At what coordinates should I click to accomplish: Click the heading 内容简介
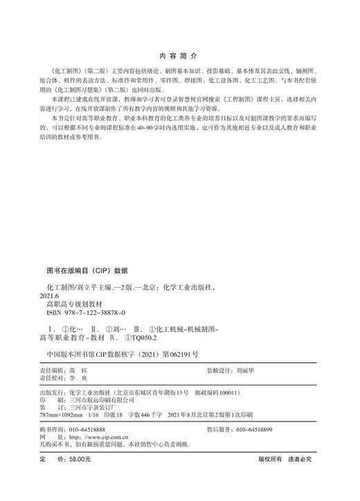[179, 54]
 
